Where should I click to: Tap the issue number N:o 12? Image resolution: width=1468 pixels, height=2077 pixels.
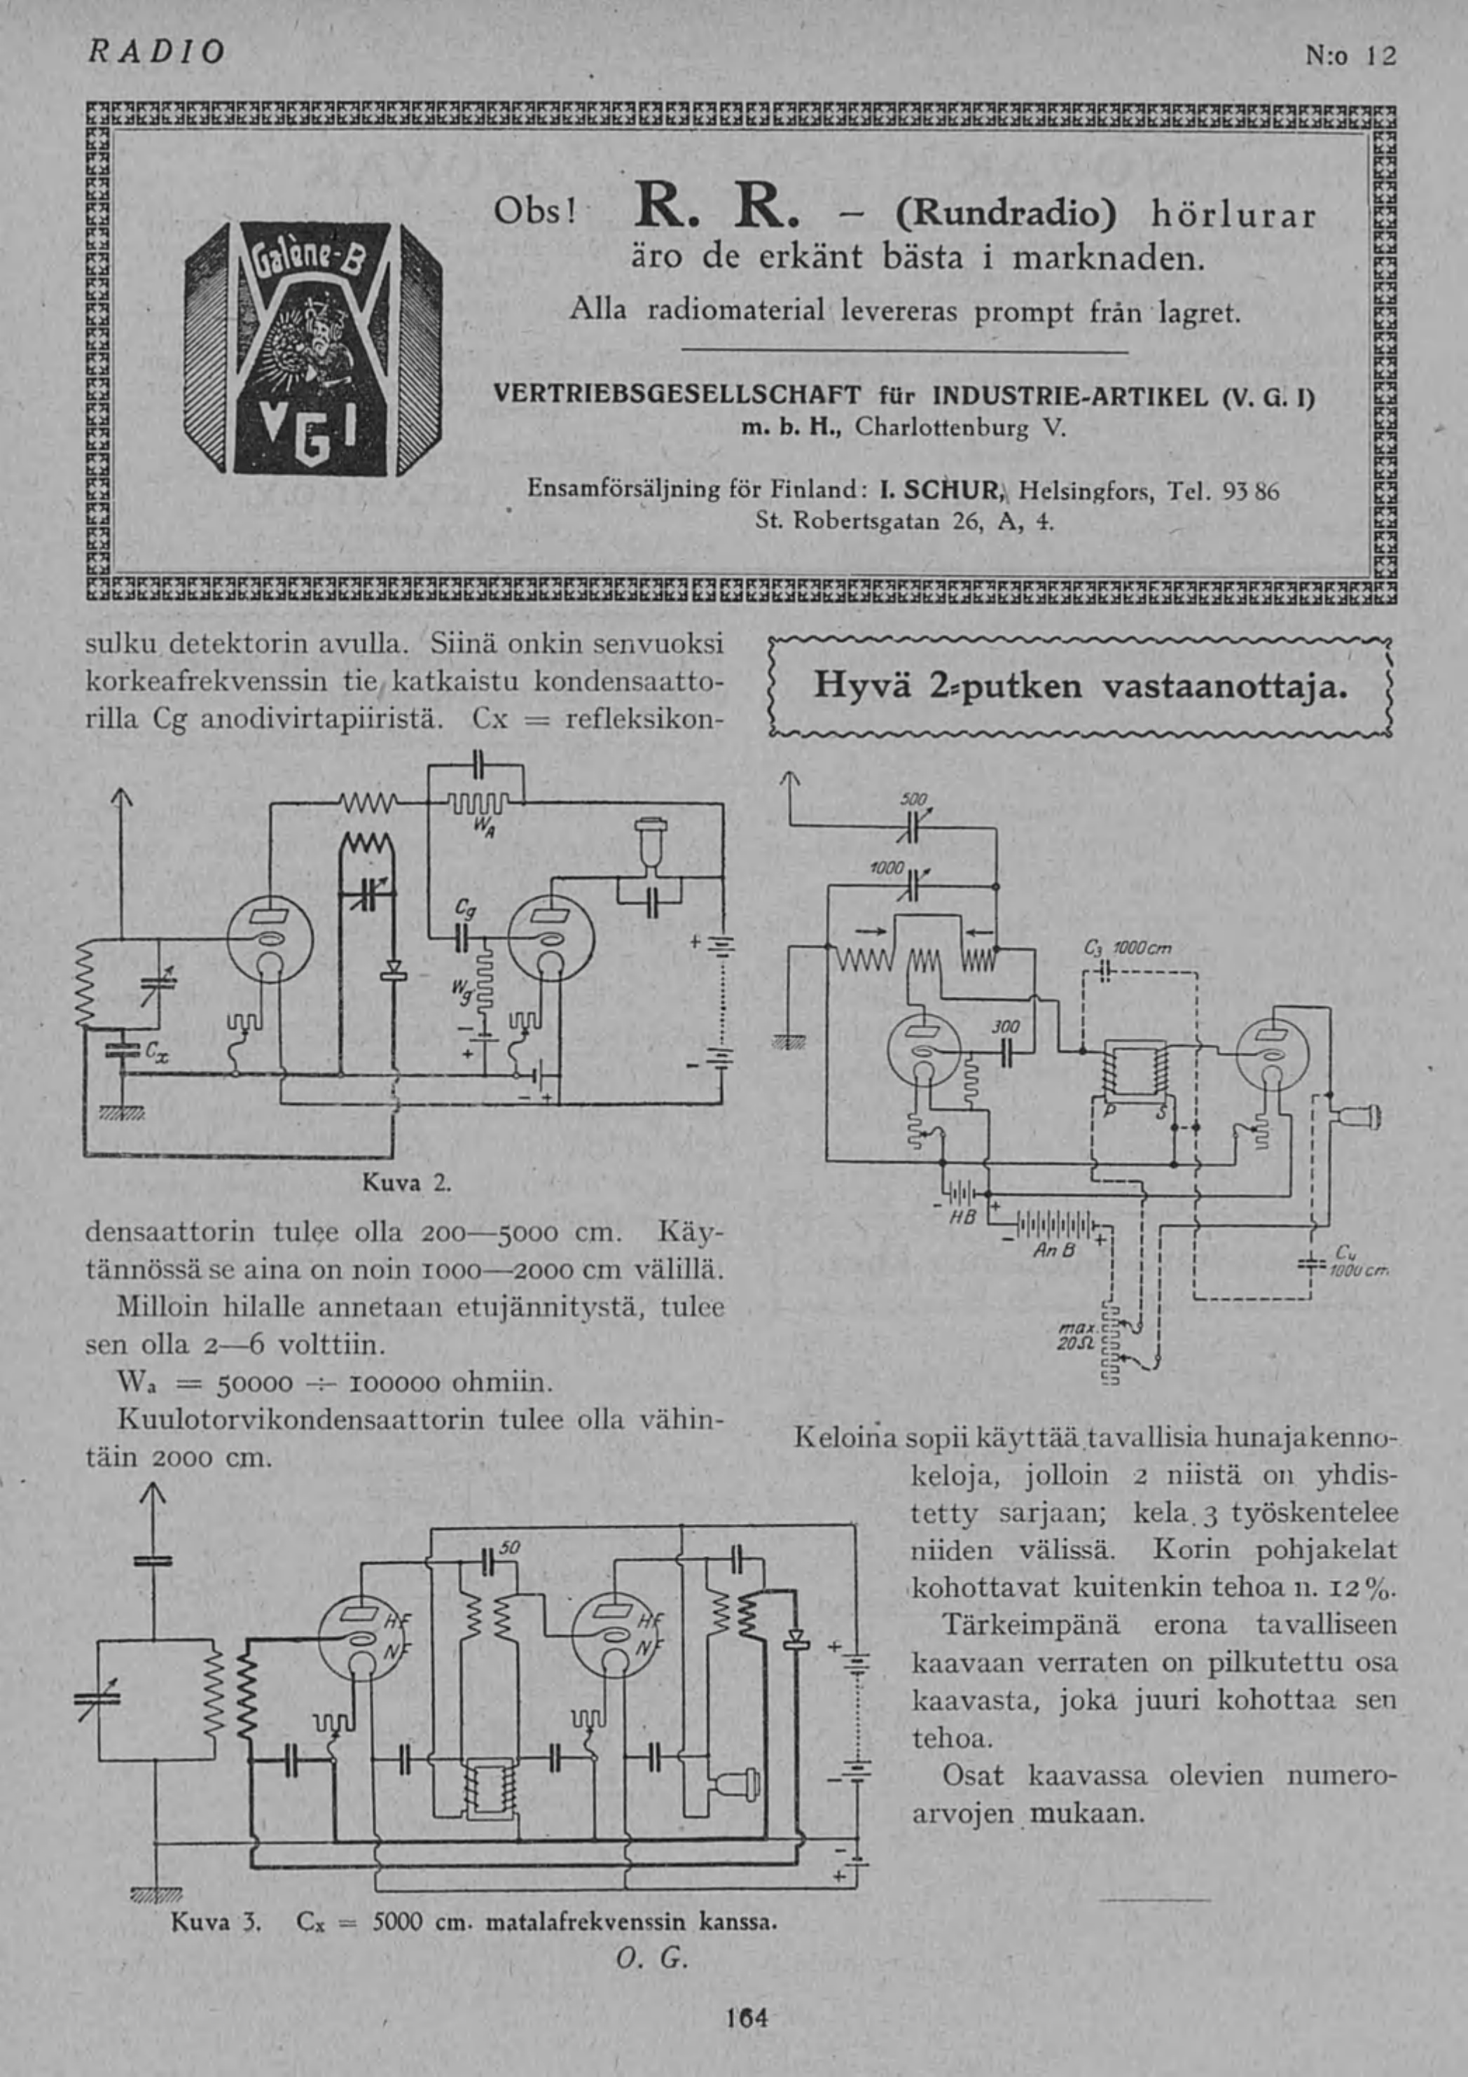1350,56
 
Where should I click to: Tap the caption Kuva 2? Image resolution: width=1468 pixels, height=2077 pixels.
406,1182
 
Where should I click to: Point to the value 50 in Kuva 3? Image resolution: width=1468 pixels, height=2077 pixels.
511,1548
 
